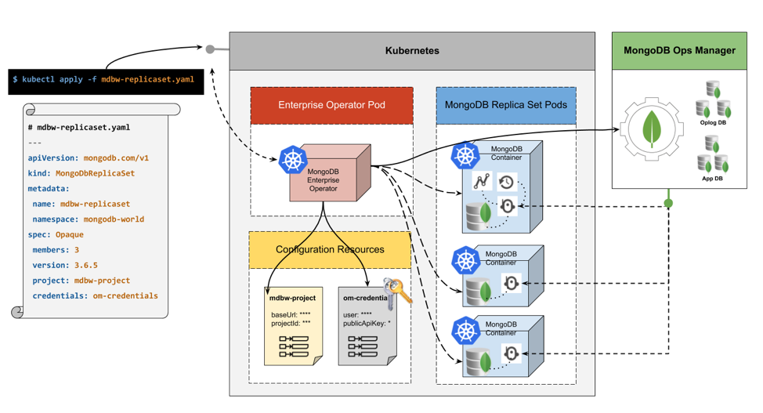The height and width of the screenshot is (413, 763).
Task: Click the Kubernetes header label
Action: [x=412, y=51]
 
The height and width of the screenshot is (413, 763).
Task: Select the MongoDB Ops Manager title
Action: [x=679, y=51]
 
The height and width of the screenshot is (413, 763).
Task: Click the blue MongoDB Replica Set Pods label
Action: [x=506, y=105]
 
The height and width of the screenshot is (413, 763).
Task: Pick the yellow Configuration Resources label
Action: [x=330, y=250]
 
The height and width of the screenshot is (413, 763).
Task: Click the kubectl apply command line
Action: [x=103, y=79]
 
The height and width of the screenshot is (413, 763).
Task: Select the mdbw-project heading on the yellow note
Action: [x=292, y=298]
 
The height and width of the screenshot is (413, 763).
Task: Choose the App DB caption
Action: [x=713, y=179]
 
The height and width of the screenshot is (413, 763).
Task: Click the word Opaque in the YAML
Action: [x=69, y=234]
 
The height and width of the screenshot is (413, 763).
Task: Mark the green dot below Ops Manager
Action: [x=668, y=204]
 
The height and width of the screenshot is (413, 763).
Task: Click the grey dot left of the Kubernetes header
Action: [x=210, y=49]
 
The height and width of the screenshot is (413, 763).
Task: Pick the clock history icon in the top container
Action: [x=507, y=183]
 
